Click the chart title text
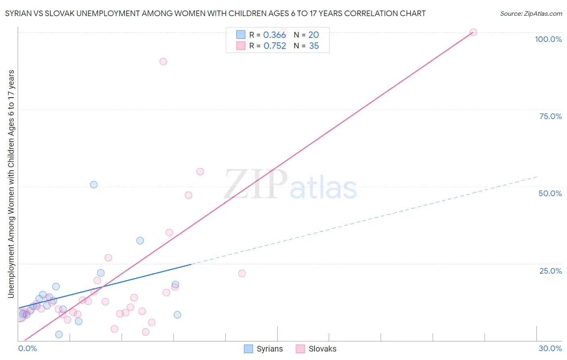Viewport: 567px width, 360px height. [215, 14]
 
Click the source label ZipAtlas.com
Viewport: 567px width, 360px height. [531, 14]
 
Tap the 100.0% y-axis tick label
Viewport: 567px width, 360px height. [548, 39]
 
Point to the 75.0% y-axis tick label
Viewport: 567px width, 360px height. [550, 116]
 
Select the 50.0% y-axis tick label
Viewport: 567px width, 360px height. [550, 193]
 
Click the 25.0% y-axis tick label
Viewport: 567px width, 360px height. [550, 271]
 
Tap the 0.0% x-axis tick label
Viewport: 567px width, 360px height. [27, 348]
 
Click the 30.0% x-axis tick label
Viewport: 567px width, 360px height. [550, 348]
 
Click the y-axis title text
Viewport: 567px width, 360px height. [11, 184]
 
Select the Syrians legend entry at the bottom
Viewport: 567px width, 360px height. [264, 349]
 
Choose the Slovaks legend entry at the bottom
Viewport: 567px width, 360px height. [317, 349]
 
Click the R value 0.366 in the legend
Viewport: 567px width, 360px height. [275, 35]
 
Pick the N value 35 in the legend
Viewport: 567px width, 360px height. [314, 46]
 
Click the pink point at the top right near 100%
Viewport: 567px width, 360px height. [473, 32]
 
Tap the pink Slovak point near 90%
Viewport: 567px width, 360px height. [163, 61]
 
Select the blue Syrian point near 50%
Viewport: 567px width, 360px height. [94, 184]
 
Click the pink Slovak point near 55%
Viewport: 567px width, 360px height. [200, 172]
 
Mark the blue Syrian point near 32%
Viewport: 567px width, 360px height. [140, 241]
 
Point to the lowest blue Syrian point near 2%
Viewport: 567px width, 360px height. [59, 334]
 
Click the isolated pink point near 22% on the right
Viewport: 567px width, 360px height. [242, 273]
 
